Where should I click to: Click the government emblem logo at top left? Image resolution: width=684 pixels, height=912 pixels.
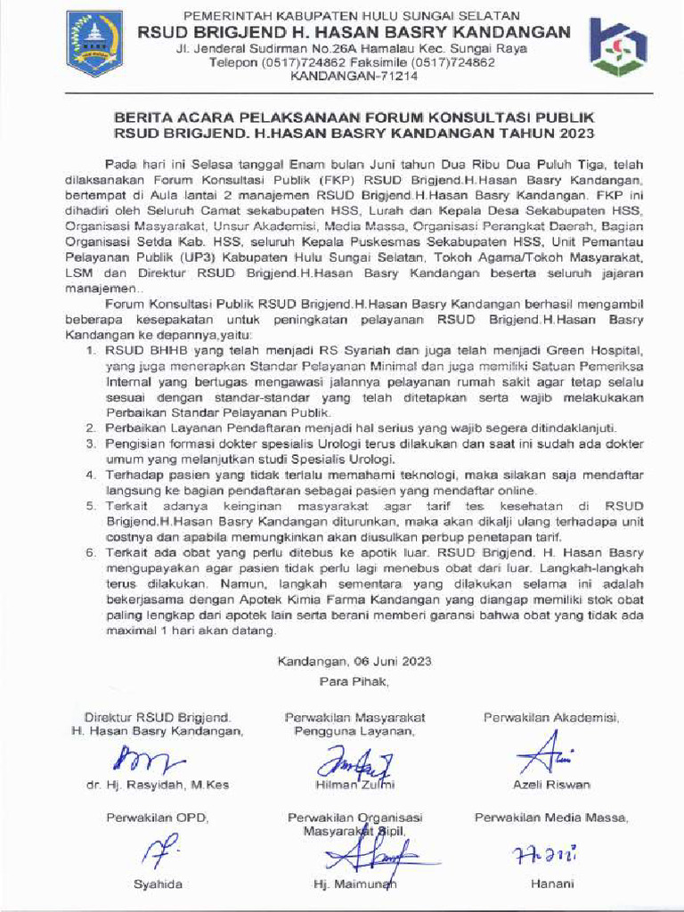(94, 44)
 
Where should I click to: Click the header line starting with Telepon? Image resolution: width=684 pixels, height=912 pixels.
(352, 63)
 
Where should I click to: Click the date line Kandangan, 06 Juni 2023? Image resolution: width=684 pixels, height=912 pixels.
(354, 661)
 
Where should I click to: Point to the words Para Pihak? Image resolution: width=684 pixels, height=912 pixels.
(354, 681)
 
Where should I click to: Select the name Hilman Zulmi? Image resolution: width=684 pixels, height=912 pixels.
(354, 785)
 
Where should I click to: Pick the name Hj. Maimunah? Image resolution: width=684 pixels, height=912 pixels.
(354, 884)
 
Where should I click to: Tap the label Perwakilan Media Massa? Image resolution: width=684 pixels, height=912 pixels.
(550, 817)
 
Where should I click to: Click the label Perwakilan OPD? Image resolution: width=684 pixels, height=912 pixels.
(158, 817)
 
